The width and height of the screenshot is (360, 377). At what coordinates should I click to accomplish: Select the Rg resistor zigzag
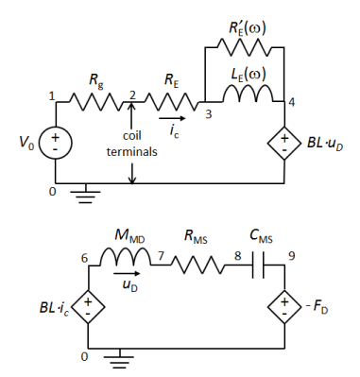tap(95, 102)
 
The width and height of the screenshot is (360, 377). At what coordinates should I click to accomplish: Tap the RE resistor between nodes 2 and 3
tap(172, 102)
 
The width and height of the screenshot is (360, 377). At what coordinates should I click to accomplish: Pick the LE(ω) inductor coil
tap(248, 94)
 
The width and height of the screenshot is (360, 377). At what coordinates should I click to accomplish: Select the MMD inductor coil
tap(126, 256)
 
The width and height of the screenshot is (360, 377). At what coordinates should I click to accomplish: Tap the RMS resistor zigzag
tap(198, 266)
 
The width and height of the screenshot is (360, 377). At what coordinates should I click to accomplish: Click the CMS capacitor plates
tap(258, 266)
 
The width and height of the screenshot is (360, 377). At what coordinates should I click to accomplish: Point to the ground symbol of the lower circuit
tap(119, 360)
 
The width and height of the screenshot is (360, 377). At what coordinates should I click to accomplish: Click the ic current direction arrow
tap(173, 118)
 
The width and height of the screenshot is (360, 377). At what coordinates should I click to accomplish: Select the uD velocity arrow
tap(127, 273)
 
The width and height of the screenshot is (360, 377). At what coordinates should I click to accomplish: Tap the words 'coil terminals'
tap(132, 144)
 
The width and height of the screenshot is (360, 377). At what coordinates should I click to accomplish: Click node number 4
tap(292, 103)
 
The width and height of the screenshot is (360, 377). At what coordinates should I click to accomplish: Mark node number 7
tap(161, 256)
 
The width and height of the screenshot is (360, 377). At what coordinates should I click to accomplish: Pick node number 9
tap(292, 256)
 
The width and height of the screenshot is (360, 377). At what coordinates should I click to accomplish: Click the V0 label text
tap(26, 143)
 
